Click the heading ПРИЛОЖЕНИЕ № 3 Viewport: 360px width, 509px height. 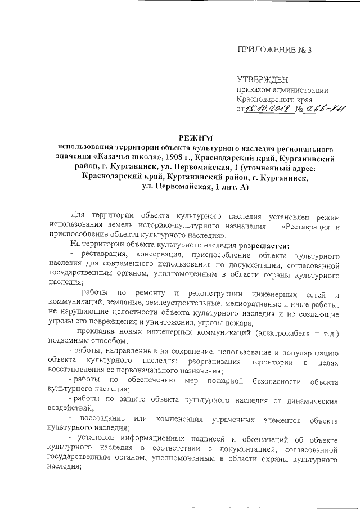274,49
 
